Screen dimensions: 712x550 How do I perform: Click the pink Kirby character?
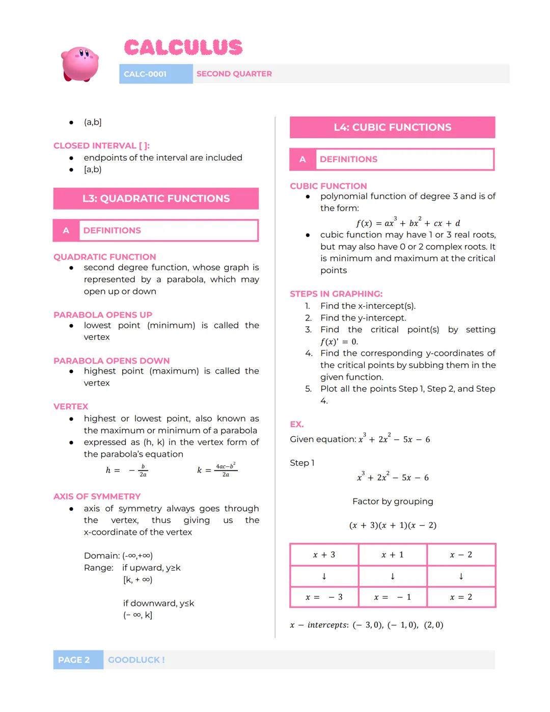(80, 64)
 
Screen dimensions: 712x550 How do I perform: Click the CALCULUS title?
(183, 48)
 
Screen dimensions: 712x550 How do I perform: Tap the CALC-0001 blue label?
(146, 74)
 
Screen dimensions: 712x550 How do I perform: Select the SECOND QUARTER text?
(234, 74)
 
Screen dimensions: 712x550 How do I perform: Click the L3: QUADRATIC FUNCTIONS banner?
(156, 199)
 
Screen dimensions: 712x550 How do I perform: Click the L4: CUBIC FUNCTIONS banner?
(392, 127)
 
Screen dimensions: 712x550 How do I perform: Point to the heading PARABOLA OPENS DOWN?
(112, 361)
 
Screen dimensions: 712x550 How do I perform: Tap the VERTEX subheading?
(71, 407)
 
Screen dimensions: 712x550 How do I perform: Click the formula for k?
(217, 470)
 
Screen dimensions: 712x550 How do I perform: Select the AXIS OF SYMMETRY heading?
(97, 496)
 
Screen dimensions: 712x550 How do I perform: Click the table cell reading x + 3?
(324, 555)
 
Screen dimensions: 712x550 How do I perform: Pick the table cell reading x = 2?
(461, 597)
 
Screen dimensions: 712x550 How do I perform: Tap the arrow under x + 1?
(392, 576)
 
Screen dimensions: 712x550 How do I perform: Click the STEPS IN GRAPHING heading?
(336, 294)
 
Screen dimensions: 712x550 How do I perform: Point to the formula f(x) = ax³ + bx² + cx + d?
(408, 223)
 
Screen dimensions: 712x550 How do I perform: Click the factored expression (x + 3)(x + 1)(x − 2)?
(393, 525)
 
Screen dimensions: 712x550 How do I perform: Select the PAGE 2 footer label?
(74, 660)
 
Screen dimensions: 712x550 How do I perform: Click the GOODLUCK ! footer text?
(136, 660)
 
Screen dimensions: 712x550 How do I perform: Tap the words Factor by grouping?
(393, 502)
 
